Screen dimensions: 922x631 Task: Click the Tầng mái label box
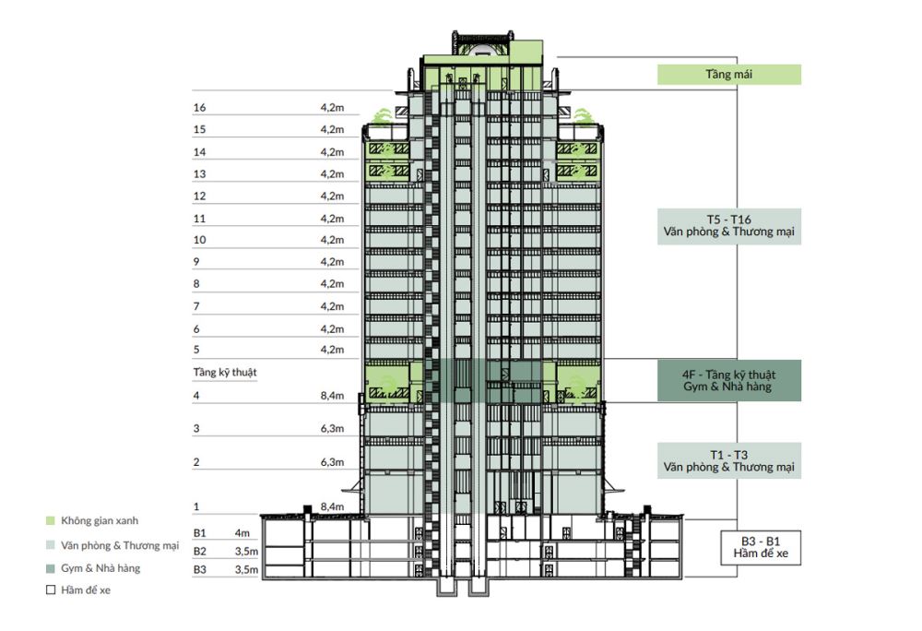(x=728, y=75)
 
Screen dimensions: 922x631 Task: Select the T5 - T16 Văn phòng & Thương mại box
(x=728, y=226)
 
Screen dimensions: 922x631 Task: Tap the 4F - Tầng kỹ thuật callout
(x=728, y=381)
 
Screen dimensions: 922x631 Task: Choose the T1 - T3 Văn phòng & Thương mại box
(x=728, y=460)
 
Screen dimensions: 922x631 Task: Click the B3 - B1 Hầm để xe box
(x=761, y=547)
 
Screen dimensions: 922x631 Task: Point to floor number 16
(x=199, y=108)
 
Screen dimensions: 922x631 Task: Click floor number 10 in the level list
(x=199, y=240)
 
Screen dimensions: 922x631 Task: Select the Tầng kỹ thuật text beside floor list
(x=225, y=373)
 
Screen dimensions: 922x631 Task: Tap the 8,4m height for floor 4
(x=332, y=396)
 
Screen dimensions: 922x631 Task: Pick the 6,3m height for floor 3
(x=332, y=429)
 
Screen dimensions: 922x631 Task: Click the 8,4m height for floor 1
(x=332, y=506)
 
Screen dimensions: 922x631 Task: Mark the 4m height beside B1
(x=242, y=533)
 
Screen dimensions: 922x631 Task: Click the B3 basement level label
(x=200, y=569)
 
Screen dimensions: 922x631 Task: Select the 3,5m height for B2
(x=246, y=552)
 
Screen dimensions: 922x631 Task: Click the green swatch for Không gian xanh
(x=51, y=521)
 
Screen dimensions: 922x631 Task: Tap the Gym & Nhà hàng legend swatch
(x=51, y=568)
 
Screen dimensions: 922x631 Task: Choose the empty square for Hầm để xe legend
(x=51, y=589)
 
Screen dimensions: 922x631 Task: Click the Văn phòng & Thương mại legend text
(x=120, y=546)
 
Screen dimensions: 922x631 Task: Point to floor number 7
(x=196, y=306)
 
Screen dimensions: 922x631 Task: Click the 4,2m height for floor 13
(x=332, y=174)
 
